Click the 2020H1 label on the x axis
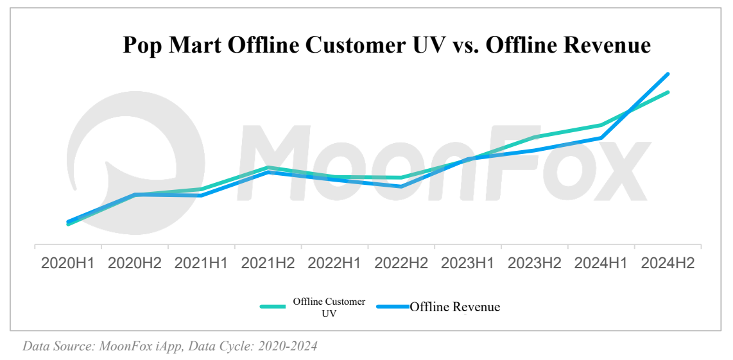click(x=67, y=264)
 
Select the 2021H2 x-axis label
click(x=268, y=264)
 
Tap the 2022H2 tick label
click(x=401, y=264)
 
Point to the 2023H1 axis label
click(x=468, y=264)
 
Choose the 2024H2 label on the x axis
click(x=668, y=264)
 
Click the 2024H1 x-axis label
click(x=601, y=264)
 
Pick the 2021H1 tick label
click(x=201, y=264)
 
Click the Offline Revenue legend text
click(x=454, y=307)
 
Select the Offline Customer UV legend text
click(x=329, y=307)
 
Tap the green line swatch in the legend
click(x=272, y=307)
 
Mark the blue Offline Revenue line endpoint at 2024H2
click(x=668, y=74)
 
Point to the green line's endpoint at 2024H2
click(x=668, y=92)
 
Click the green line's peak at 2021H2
click(x=268, y=167)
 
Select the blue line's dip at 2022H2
click(x=401, y=187)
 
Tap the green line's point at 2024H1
click(x=601, y=124)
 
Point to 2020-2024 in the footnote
click(x=288, y=347)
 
